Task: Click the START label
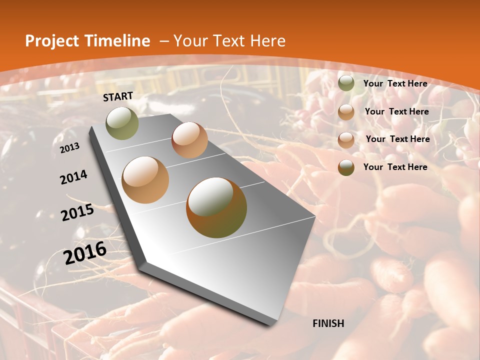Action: (118, 96)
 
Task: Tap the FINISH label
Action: (328, 323)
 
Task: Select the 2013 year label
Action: (69, 148)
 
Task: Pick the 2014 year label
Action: (73, 177)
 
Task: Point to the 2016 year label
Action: (85, 253)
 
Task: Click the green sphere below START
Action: (122, 123)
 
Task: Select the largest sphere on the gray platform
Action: (216, 207)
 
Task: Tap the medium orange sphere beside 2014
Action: (145, 180)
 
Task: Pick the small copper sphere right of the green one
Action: (189, 140)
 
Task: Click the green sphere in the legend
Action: (346, 83)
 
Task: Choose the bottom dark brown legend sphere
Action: (346, 167)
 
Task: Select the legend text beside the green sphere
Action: (395, 83)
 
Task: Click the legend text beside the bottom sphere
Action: (395, 167)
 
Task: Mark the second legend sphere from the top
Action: (346, 111)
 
